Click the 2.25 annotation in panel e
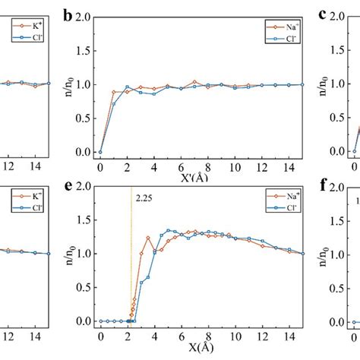tap(144, 199)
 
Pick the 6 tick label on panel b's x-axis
tap(181, 166)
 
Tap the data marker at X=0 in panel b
tap(100, 151)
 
